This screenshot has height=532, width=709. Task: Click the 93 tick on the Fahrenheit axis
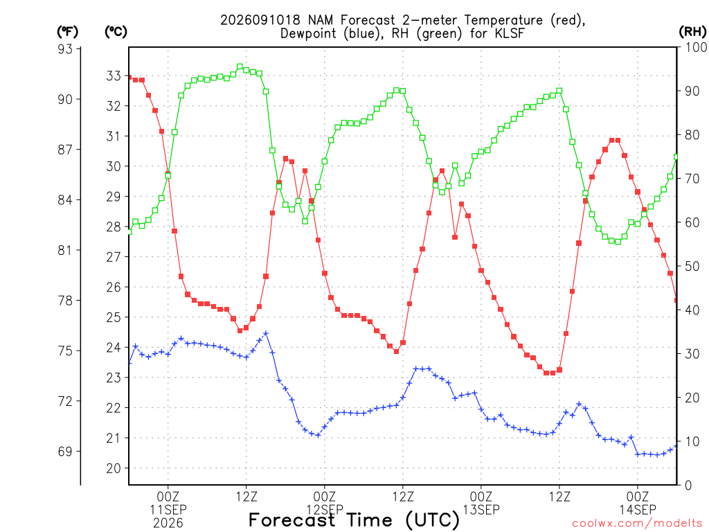coord(66,49)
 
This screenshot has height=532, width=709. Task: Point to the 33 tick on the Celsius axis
coord(114,76)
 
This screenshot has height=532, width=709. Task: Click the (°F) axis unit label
coord(67,32)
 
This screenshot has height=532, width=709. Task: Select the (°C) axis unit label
coord(116,32)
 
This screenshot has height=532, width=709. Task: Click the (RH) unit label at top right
coord(692,32)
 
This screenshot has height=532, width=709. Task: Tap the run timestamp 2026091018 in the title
coord(260,20)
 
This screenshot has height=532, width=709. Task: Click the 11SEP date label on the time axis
coord(168,510)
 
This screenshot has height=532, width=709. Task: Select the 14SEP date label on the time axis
coord(638,510)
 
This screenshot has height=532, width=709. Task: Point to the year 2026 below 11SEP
coord(168,524)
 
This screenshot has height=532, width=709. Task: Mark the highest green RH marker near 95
coord(240,67)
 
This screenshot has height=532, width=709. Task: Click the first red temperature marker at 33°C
coord(129,78)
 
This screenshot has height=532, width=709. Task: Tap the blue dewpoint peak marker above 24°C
coord(266,333)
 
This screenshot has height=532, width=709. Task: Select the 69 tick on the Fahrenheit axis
coord(66,452)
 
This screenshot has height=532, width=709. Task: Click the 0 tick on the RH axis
coord(688,486)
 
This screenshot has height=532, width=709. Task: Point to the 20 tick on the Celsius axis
coord(114,469)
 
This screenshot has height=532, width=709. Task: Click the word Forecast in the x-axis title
coord(292,520)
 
